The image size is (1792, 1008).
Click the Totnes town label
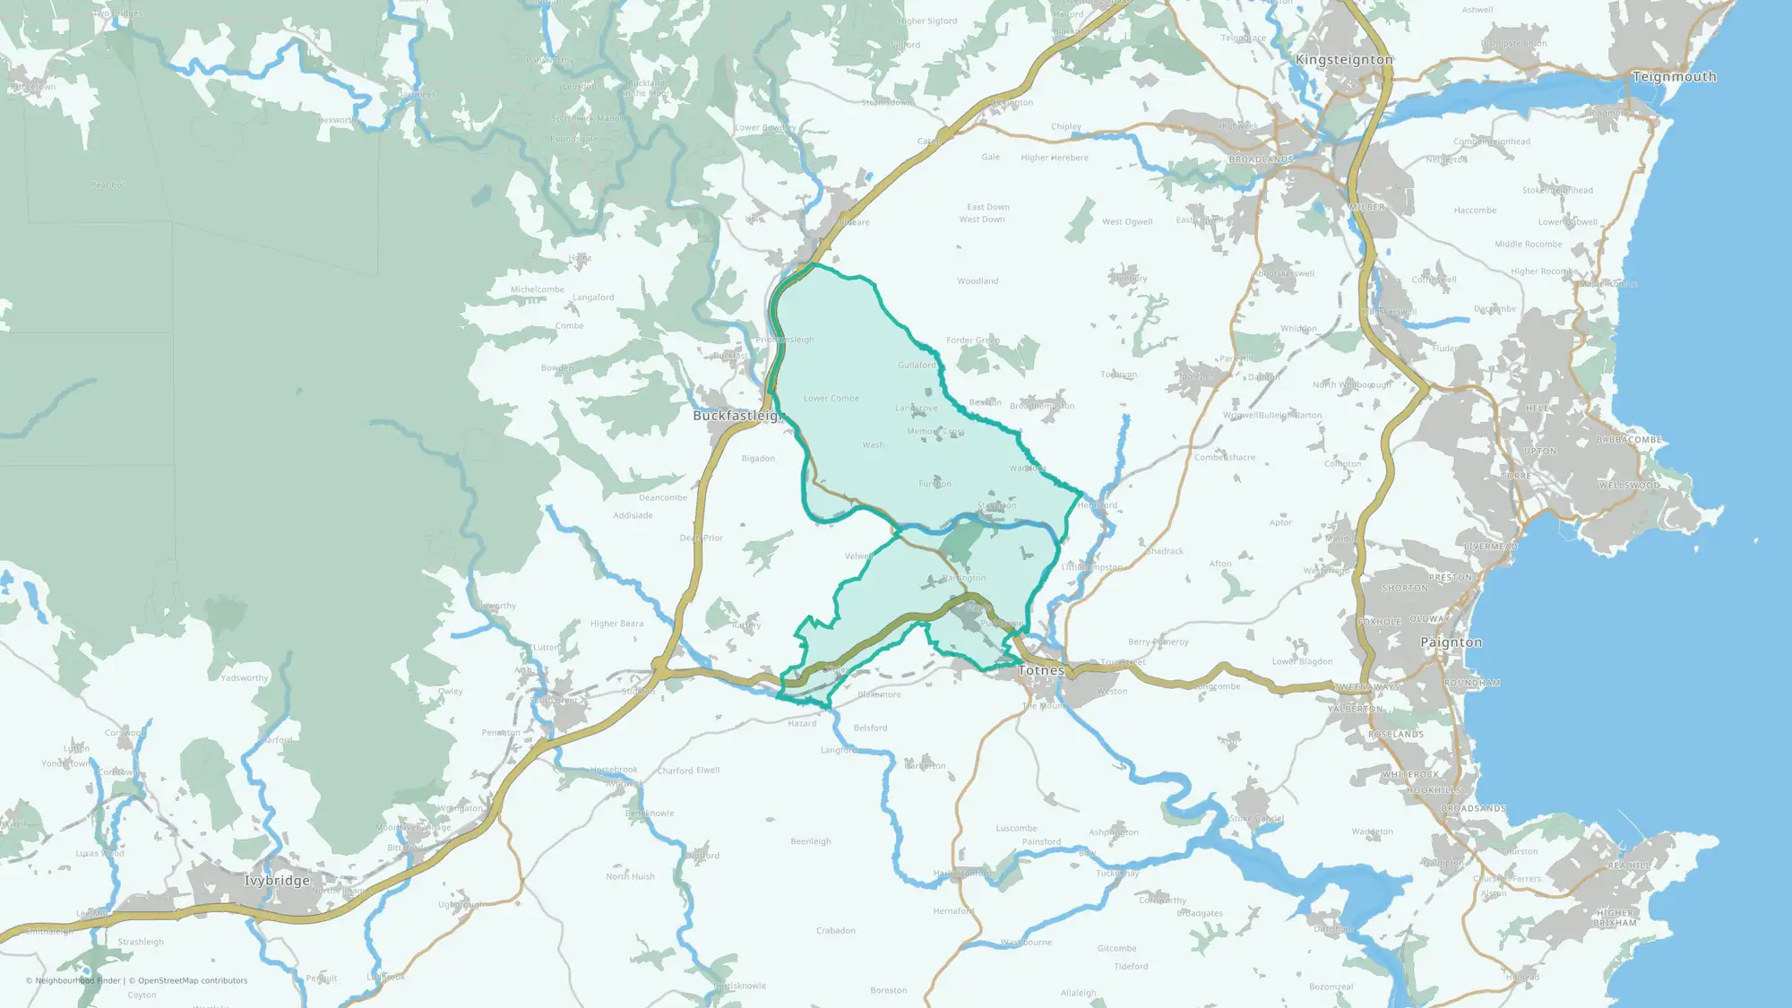[x=1041, y=670]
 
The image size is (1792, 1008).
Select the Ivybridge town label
[x=277, y=881]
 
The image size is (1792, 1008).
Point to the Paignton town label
[x=1451, y=642]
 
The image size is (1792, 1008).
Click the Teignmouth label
[x=1674, y=77]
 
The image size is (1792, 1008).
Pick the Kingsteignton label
[x=1344, y=60]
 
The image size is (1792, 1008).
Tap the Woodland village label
[x=978, y=281]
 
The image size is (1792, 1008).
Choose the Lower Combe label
[x=831, y=399]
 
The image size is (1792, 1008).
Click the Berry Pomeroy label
[x=1158, y=642]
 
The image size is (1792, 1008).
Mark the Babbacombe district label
[x=1629, y=440]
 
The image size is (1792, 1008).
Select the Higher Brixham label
[x=1615, y=918]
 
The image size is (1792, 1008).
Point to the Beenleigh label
[x=811, y=841]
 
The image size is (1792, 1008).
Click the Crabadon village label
[x=835, y=931]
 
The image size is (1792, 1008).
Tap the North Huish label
[x=630, y=876]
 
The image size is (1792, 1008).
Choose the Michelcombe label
[x=538, y=289]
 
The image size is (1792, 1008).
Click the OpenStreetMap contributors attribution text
[x=192, y=980]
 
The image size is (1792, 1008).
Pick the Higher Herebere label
[x=1055, y=158]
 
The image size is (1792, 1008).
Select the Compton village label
[x=1342, y=464]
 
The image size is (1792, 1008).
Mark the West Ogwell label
[x=1127, y=221]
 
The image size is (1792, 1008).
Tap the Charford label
[x=675, y=771]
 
